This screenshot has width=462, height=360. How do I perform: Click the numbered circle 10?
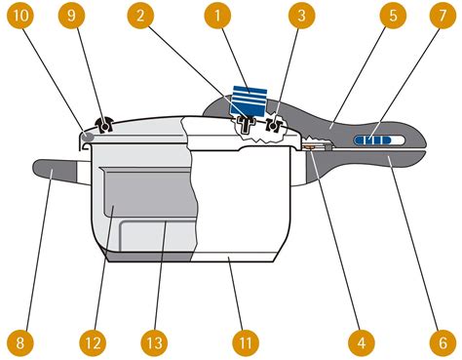(x=19, y=16)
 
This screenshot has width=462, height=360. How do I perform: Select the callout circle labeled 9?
(x=71, y=16)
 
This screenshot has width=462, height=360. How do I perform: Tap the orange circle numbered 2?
(x=140, y=16)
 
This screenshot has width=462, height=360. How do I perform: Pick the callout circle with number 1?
(x=218, y=16)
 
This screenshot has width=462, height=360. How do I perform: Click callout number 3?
(x=301, y=16)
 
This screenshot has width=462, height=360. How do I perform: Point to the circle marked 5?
(x=393, y=16)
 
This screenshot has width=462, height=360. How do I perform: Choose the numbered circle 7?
(x=443, y=16)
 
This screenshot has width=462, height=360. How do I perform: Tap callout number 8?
(x=20, y=342)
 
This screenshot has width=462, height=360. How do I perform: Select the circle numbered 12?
(x=93, y=342)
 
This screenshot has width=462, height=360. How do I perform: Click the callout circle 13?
(x=154, y=342)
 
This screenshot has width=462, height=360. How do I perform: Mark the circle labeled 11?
(x=246, y=342)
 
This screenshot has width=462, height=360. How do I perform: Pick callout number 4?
(x=362, y=342)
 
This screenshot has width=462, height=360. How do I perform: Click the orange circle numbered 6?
(x=443, y=342)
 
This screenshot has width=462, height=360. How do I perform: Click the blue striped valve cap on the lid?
(x=250, y=100)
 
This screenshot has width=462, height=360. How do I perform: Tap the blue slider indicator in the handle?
(x=372, y=140)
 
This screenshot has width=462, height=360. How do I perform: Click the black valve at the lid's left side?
(x=104, y=126)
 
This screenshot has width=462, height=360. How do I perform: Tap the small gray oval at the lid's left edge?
(x=88, y=138)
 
